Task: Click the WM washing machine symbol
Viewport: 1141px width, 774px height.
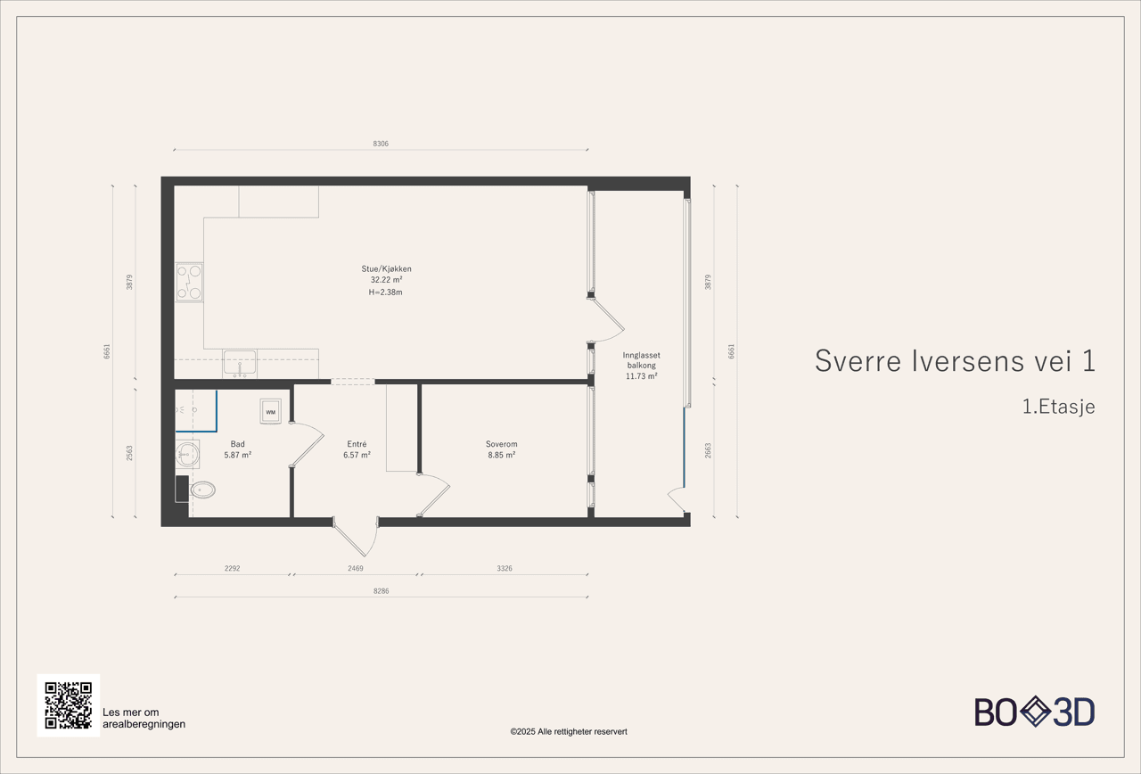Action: click(x=270, y=411)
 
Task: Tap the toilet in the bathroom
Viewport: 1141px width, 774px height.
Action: click(x=203, y=489)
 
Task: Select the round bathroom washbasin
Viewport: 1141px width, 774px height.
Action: click(x=187, y=455)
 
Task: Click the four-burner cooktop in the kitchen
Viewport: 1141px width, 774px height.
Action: click(x=189, y=282)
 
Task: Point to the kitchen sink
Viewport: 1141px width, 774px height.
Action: click(x=239, y=363)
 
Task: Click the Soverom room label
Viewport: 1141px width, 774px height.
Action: click(x=501, y=444)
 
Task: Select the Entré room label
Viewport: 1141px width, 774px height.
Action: click(x=357, y=444)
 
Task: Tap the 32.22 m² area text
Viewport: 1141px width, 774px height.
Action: click(x=386, y=280)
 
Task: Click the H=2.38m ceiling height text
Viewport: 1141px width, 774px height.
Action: click(x=386, y=292)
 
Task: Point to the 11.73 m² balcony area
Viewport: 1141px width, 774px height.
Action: click(x=641, y=376)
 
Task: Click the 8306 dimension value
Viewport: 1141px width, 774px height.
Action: click(x=381, y=144)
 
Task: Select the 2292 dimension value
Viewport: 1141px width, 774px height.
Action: click(x=232, y=568)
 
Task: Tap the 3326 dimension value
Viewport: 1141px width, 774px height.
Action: click(x=504, y=568)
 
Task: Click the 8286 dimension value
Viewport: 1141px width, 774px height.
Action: click(x=381, y=590)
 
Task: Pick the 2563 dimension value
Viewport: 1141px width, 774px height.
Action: click(x=129, y=453)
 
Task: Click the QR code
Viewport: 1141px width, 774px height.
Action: click(x=69, y=705)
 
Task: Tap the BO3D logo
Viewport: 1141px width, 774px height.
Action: click(x=1034, y=712)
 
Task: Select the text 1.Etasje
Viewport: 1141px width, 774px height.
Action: click(x=1058, y=407)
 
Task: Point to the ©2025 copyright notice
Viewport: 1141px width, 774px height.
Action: click(x=569, y=731)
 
